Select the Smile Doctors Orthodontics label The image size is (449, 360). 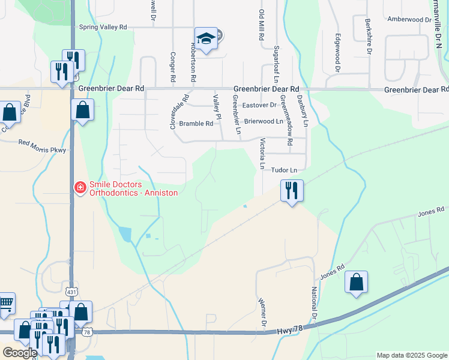(133, 189)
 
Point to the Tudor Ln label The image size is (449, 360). (285, 170)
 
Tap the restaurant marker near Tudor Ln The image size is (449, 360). (292, 191)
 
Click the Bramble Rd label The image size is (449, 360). (196, 124)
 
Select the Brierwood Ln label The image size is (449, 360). (263, 121)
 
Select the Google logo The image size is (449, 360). (20, 353)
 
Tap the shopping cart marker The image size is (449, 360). (6, 303)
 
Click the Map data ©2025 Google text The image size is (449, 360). (411, 355)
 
